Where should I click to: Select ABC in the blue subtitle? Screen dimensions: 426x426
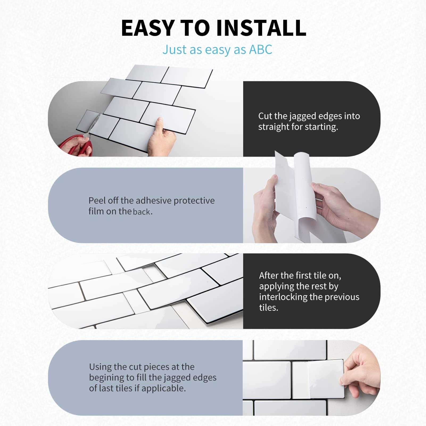[260, 49]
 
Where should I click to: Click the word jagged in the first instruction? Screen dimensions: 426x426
[304, 116]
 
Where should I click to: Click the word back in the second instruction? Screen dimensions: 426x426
[142, 212]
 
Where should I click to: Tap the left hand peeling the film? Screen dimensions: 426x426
[266, 208]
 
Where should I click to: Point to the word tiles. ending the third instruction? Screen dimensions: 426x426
[268, 308]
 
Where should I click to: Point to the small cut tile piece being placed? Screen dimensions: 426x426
[326, 379]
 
